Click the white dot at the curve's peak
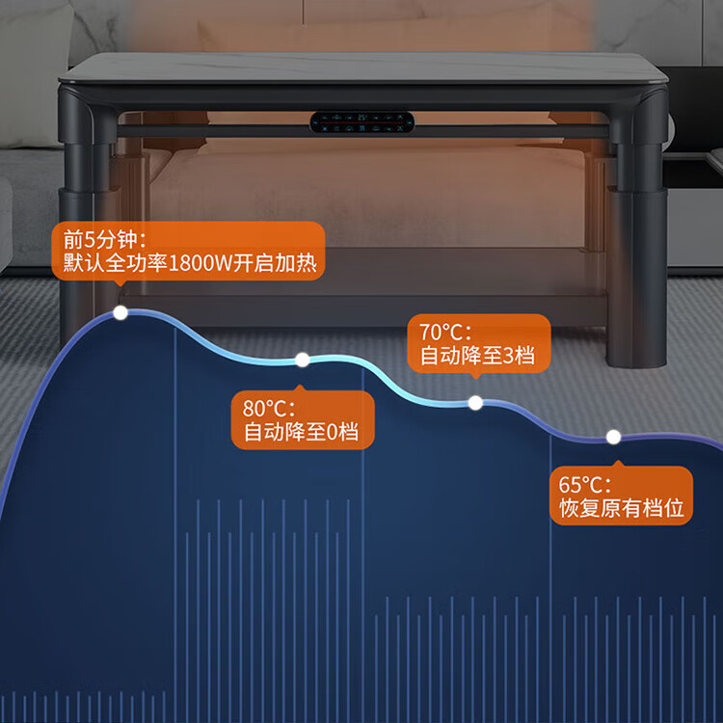pyautogui.click(x=120, y=312)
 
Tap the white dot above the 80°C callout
pyautogui.click(x=303, y=360)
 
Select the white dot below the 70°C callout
pyautogui.click(x=475, y=403)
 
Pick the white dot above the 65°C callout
pyautogui.click(x=613, y=437)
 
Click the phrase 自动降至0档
pyautogui.click(x=301, y=433)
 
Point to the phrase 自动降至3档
pyautogui.click(x=477, y=356)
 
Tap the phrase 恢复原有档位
pyautogui.click(x=622, y=509)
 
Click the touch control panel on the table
pyautogui.click(x=361, y=122)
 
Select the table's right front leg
pyautogui.click(x=638, y=230)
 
